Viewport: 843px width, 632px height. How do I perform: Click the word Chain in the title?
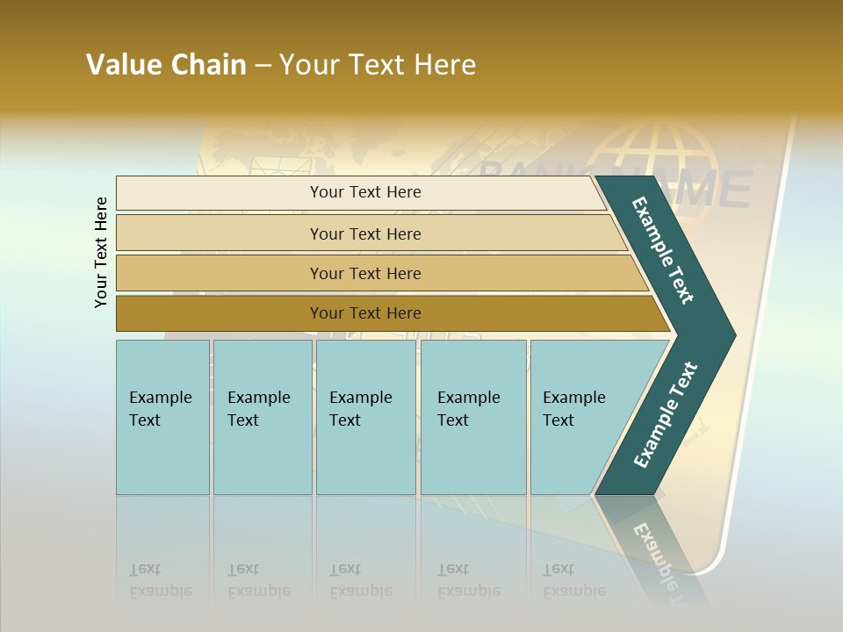[x=208, y=65]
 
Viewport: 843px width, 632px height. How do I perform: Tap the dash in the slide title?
[x=263, y=66]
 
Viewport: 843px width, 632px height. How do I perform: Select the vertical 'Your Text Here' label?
[x=101, y=252]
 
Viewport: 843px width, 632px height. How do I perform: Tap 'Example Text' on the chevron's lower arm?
[x=666, y=414]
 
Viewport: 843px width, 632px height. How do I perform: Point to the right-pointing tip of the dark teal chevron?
[x=732, y=335]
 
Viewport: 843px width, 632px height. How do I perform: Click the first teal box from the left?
[x=162, y=417]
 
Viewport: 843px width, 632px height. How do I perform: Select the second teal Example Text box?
[x=262, y=417]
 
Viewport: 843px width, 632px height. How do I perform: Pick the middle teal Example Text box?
[x=365, y=417]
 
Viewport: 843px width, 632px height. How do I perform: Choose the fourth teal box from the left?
[x=473, y=417]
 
